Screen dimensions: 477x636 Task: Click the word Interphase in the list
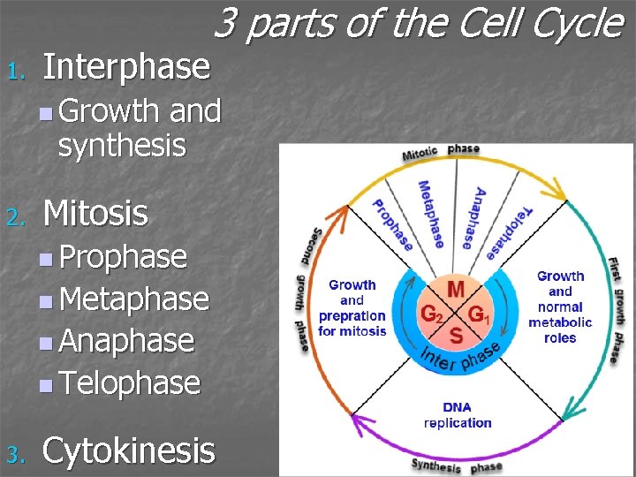(126, 66)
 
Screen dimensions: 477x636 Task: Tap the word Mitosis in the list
(95, 213)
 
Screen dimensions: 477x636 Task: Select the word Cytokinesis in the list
(128, 450)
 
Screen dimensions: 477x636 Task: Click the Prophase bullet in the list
(123, 257)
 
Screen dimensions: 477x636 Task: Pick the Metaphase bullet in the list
(133, 299)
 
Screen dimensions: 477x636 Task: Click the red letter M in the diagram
(456, 290)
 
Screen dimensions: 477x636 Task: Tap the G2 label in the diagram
(431, 314)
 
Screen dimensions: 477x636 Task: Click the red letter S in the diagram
(456, 336)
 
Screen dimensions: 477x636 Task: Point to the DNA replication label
(458, 415)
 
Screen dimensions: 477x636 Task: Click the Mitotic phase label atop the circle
(441, 152)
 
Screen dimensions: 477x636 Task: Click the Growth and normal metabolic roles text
(560, 307)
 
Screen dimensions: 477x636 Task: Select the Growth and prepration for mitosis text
(352, 307)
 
